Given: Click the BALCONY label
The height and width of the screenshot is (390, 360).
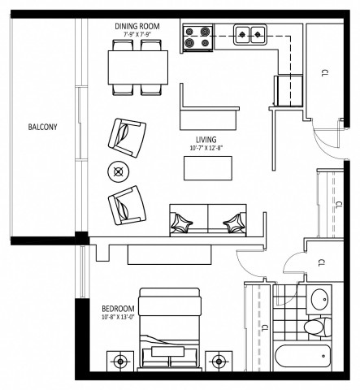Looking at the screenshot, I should [x=41, y=128].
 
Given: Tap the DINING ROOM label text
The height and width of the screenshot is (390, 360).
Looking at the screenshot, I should [x=137, y=26].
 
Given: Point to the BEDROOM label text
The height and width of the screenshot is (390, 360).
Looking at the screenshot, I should [x=118, y=308].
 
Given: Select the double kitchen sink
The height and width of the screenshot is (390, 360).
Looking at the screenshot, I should [x=250, y=34].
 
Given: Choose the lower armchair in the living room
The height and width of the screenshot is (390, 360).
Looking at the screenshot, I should [x=125, y=205].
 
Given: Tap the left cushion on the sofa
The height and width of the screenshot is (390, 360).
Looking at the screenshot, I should [x=185, y=221].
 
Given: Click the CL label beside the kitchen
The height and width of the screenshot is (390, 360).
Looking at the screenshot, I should [x=322, y=73].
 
